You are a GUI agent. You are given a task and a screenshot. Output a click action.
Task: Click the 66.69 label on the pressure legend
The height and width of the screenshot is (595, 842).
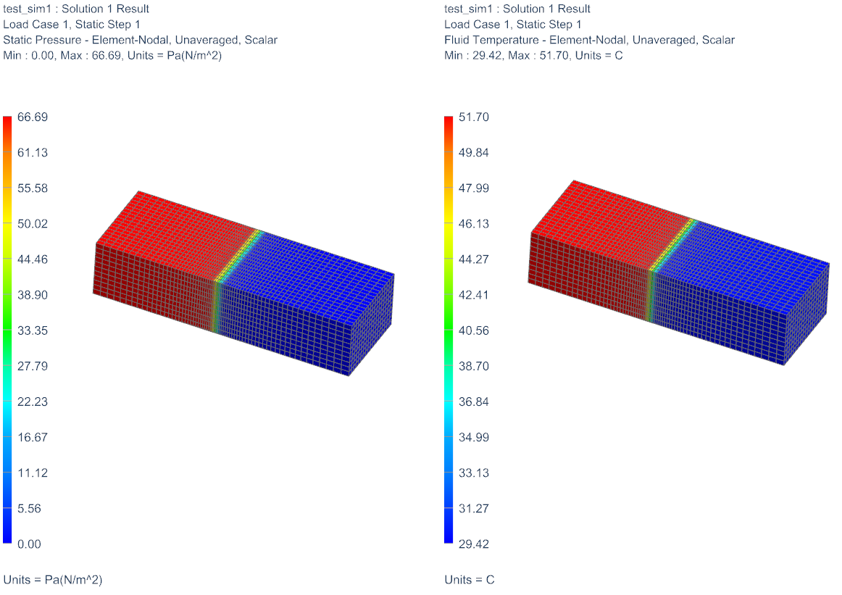[32, 117]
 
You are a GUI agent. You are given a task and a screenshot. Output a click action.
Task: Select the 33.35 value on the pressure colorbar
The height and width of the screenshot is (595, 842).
[32, 330]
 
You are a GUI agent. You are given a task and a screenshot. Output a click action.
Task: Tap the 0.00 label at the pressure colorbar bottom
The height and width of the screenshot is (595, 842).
[29, 544]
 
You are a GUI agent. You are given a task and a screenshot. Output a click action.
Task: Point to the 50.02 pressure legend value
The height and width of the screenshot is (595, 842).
[32, 223]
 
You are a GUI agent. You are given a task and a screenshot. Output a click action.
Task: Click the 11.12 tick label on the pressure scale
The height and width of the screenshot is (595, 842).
[32, 473]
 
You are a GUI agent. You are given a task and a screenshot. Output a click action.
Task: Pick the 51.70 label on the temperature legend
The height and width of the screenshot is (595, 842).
[474, 117]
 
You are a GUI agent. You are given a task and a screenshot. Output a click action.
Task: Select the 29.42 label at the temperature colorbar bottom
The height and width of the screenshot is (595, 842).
[474, 544]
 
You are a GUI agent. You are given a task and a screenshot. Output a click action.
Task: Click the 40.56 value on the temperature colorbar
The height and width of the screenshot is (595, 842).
[474, 330]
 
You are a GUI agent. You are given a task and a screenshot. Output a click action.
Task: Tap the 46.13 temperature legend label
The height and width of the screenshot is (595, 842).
[474, 223]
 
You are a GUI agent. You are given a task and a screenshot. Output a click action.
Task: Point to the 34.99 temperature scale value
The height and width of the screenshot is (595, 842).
[474, 437]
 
